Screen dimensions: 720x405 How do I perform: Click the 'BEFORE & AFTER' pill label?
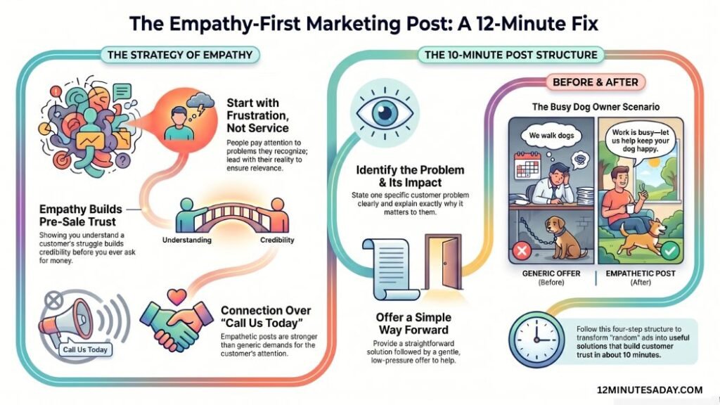point(595,82)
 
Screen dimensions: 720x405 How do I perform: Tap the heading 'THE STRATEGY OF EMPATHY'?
point(180,55)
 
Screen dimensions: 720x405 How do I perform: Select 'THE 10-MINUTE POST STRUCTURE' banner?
point(510,55)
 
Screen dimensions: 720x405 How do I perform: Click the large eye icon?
point(385,112)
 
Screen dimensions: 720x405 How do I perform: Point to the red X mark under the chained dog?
point(522,251)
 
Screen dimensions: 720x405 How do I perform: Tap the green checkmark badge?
point(670,251)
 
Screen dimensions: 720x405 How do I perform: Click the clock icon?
point(536,339)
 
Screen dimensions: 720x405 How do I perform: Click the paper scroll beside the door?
point(390,268)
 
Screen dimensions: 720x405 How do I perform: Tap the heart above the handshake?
point(176,297)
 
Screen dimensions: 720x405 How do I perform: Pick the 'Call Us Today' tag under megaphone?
point(85,349)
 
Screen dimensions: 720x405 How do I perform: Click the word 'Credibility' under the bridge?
point(277,240)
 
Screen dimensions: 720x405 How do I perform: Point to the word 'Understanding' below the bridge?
point(187,240)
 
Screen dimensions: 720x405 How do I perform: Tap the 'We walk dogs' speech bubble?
point(551,136)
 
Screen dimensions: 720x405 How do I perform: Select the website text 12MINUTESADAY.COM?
point(650,390)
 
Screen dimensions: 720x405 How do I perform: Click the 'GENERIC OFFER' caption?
point(551,274)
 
